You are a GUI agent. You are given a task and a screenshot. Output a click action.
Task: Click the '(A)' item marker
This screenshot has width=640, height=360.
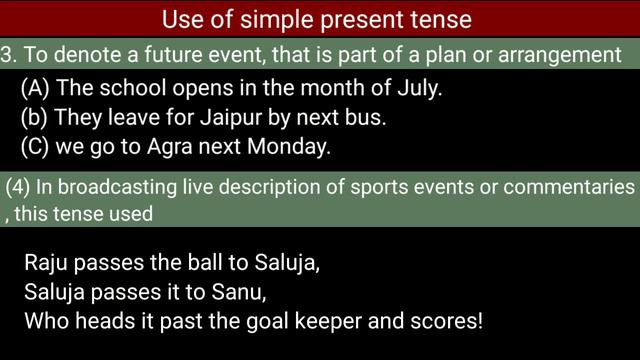(x=35, y=88)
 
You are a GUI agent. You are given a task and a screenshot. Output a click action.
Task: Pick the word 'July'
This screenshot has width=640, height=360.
(x=420, y=88)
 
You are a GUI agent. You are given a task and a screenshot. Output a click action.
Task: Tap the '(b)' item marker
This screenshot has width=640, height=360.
(x=34, y=117)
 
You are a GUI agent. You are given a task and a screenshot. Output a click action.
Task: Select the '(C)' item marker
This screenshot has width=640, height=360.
(x=35, y=146)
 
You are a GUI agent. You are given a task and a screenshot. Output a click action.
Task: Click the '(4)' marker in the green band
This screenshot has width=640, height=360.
(x=17, y=188)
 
